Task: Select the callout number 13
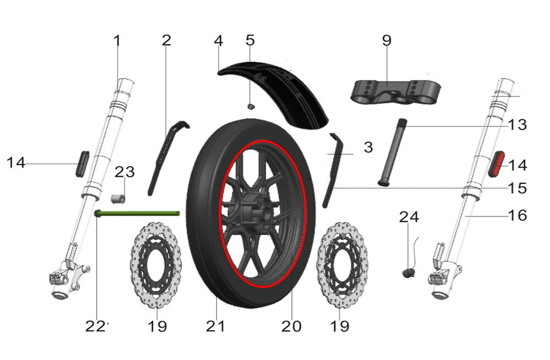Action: (517, 125)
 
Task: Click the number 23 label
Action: (125, 172)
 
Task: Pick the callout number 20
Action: (291, 326)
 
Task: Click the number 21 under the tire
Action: (216, 326)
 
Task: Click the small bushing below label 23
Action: (118, 198)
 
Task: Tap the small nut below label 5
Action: (250, 106)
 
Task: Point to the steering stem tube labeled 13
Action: (391, 153)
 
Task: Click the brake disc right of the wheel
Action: (342, 265)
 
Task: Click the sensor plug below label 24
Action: (408, 271)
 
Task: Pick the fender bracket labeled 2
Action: (164, 157)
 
